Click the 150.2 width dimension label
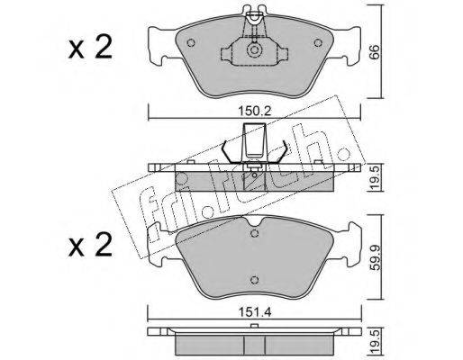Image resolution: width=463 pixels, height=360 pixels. (x=255, y=112)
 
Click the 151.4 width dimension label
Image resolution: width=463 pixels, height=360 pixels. (x=255, y=312)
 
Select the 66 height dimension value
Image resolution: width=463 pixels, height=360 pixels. (x=377, y=53)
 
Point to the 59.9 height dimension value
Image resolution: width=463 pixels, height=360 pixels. (x=377, y=257)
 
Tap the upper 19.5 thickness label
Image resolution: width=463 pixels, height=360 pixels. (x=377, y=177)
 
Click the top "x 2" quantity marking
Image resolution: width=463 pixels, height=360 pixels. (x=90, y=48)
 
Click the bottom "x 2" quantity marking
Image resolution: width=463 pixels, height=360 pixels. (x=90, y=245)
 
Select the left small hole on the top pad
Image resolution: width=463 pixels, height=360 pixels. (x=191, y=43)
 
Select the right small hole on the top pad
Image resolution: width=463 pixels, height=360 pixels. (x=318, y=43)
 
